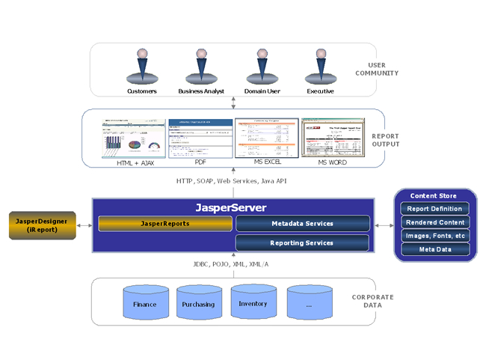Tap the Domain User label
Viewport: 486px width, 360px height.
[261, 91]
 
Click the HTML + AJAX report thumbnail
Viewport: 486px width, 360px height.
[134, 138]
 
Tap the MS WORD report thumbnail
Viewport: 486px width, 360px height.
[333, 138]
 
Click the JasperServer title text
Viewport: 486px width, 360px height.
[231, 207]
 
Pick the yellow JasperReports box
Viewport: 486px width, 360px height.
[165, 223]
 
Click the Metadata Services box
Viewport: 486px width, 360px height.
[303, 223]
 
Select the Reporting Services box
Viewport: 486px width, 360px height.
[303, 242]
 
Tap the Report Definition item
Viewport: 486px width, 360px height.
[435, 209]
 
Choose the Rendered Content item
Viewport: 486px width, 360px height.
[435, 222]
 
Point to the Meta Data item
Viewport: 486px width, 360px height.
[435, 249]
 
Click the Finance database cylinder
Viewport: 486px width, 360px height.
[145, 304]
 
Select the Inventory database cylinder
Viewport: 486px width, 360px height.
[253, 303]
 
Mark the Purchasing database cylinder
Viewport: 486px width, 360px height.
[199, 304]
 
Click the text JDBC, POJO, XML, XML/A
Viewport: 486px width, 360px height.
[230, 264]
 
